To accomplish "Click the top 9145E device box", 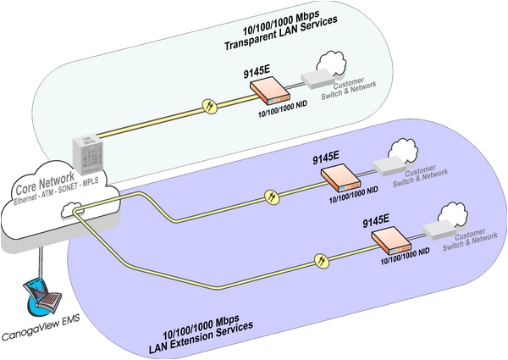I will pyautogui.click(x=268, y=88).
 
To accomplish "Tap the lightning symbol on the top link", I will pyautogui.click(x=208, y=108).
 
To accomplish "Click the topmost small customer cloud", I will pyautogui.click(x=331, y=61).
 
